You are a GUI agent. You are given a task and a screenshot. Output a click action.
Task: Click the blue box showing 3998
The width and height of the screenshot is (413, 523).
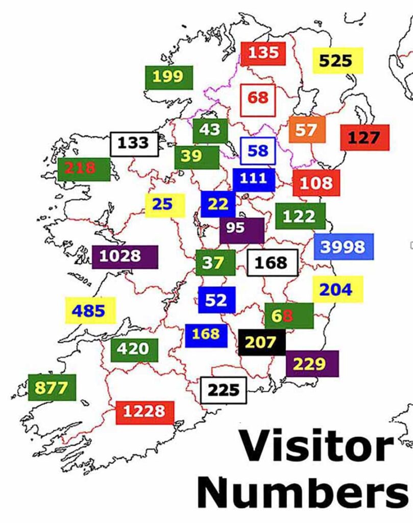click(x=344, y=247)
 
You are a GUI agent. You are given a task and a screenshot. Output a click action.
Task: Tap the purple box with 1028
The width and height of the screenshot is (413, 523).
click(x=125, y=256)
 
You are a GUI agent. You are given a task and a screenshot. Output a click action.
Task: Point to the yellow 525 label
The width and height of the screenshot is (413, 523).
click(x=337, y=61)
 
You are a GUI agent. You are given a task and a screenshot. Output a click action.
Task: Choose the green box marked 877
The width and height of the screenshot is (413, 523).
click(x=52, y=388)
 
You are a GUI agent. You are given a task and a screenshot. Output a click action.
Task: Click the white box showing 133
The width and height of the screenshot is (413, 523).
click(x=134, y=144)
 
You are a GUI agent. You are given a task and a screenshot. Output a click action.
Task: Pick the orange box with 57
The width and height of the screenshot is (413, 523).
click(x=306, y=130)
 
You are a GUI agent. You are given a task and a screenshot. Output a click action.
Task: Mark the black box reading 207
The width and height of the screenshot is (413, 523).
click(x=261, y=342)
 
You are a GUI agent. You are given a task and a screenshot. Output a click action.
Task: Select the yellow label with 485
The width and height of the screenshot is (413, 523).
click(x=90, y=311)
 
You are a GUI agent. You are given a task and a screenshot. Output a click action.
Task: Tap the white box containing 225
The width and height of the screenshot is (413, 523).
click(x=224, y=391)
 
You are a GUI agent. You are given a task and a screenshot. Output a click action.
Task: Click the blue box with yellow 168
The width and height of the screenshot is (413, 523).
click(x=206, y=335)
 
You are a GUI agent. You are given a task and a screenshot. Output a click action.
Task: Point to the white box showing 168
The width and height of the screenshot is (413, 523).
click(x=272, y=263)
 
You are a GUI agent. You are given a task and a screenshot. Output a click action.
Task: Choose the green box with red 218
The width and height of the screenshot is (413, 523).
click(x=84, y=169)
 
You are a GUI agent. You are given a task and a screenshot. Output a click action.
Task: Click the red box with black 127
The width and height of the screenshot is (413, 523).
click(x=365, y=137)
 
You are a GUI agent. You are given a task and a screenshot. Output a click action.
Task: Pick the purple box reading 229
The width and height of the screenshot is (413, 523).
click(x=311, y=364)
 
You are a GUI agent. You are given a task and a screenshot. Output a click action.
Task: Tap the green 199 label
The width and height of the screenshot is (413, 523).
click(x=168, y=77)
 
